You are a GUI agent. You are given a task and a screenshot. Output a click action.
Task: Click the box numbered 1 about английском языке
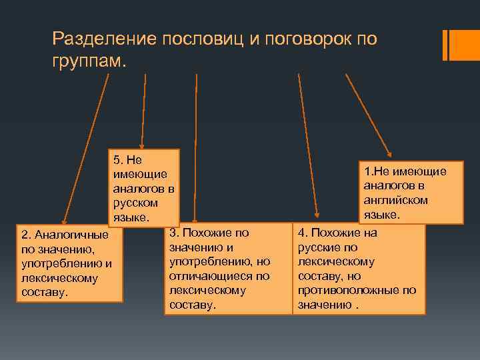point(410,193)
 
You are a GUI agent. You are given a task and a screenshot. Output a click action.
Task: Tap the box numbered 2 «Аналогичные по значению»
point(70,265)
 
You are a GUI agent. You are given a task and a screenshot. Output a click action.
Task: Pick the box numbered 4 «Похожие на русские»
point(359,269)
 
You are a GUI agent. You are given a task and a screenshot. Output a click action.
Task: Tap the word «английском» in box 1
point(396,200)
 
